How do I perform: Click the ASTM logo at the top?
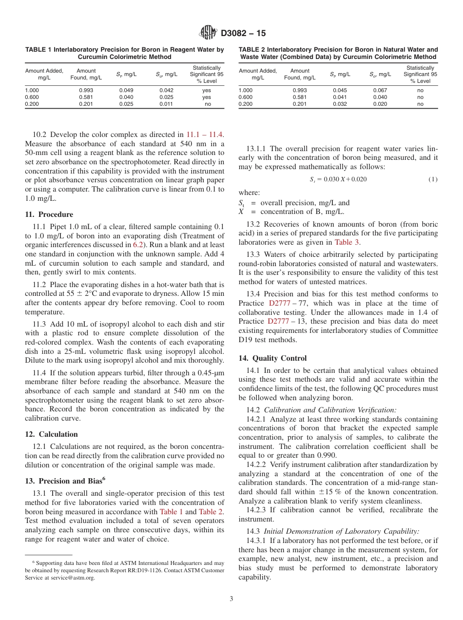tap(208, 33)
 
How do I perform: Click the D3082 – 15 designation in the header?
tap(243, 34)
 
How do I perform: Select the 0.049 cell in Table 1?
tap(126, 90)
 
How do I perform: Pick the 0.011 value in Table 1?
tap(166, 104)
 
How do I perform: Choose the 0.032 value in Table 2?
tap(340, 104)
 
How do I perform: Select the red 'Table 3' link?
tap(347, 242)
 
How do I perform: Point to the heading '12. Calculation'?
tap(51, 434)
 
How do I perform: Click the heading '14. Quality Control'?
tap(272, 358)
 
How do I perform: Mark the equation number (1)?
tap(433, 179)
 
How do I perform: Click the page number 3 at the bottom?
tap(231, 599)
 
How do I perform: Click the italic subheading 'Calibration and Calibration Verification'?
tap(330, 410)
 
